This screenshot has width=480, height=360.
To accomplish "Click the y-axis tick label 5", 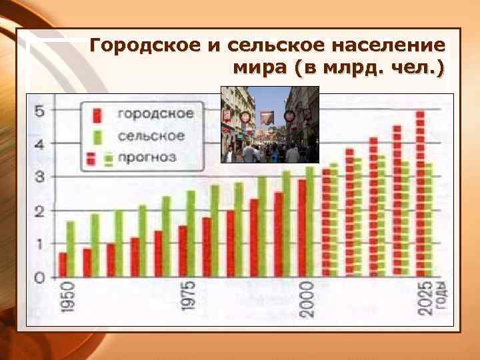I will click(40, 111).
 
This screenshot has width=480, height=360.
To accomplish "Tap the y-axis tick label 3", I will click(40, 177).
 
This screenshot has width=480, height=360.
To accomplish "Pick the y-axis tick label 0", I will click(40, 277).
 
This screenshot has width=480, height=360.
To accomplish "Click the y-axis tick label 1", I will click(40, 244).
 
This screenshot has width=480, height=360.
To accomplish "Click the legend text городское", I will click(156, 114).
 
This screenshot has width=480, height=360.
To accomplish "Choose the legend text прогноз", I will click(147, 158).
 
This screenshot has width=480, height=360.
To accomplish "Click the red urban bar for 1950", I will click(63, 264).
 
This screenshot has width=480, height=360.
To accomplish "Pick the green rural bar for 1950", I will click(71, 249).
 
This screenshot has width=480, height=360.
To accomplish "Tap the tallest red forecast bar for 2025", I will click(420, 193).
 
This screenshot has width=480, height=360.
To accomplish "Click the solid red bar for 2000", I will click(302, 227).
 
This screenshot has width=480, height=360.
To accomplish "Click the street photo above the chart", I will click(270, 124).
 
